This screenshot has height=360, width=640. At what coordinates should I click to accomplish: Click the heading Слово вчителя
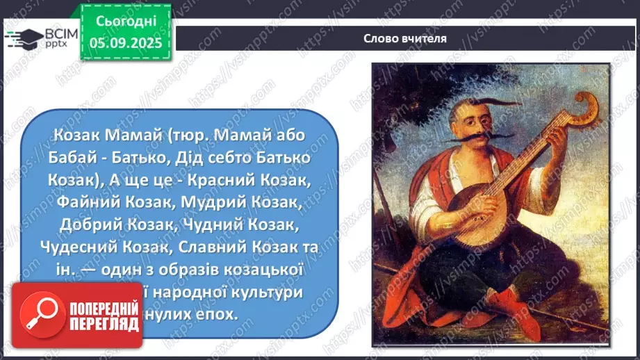click(404, 38)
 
